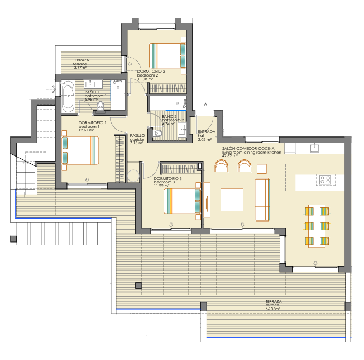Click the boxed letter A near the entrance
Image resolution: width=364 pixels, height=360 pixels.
[x=205, y=105]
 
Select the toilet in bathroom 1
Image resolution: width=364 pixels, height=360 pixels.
[x=100, y=106]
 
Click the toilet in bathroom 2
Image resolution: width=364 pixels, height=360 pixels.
[x=157, y=133]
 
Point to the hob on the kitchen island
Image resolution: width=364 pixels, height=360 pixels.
[x=325, y=179]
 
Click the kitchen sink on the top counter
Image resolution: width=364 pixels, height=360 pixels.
[x=314, y=148]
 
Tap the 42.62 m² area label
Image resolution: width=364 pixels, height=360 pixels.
[x=229, y=156]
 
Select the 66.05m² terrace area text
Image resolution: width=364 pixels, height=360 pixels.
[x=273, y=309]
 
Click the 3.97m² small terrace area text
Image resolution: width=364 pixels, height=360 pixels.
[x=80, y=68]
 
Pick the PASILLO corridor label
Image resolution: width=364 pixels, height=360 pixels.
[x=137, y=135]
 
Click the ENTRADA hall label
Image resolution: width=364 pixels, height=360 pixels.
[x=207, y=132]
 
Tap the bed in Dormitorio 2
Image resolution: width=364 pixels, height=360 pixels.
[x=167, y=56]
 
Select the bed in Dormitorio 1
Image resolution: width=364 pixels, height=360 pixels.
[x=80, y=150]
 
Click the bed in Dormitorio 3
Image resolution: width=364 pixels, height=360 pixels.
[x=182, y=201]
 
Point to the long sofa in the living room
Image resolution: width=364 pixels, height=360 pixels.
[x=262, y=200]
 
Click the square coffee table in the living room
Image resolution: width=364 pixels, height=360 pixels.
[x=232, y=200]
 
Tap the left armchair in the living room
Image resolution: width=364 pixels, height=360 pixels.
[x=221, y=166]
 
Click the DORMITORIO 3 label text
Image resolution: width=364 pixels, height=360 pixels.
[x=168, y=178]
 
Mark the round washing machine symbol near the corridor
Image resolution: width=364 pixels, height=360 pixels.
[x=133, y=176]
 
